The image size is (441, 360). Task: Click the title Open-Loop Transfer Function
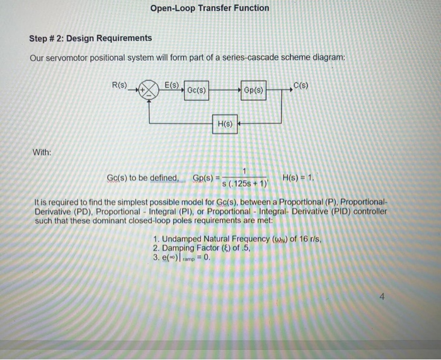pos(210,8)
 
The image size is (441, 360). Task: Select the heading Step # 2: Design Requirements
pos(90,38)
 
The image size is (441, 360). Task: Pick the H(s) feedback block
pos(225,124)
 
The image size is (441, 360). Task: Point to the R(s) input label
pos(119,85)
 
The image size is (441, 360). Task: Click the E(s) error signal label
pos(171,85)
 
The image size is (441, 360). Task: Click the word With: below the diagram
pos(43,152)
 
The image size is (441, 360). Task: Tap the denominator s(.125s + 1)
pos(244,184)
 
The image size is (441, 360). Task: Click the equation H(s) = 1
pos(298,177)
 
